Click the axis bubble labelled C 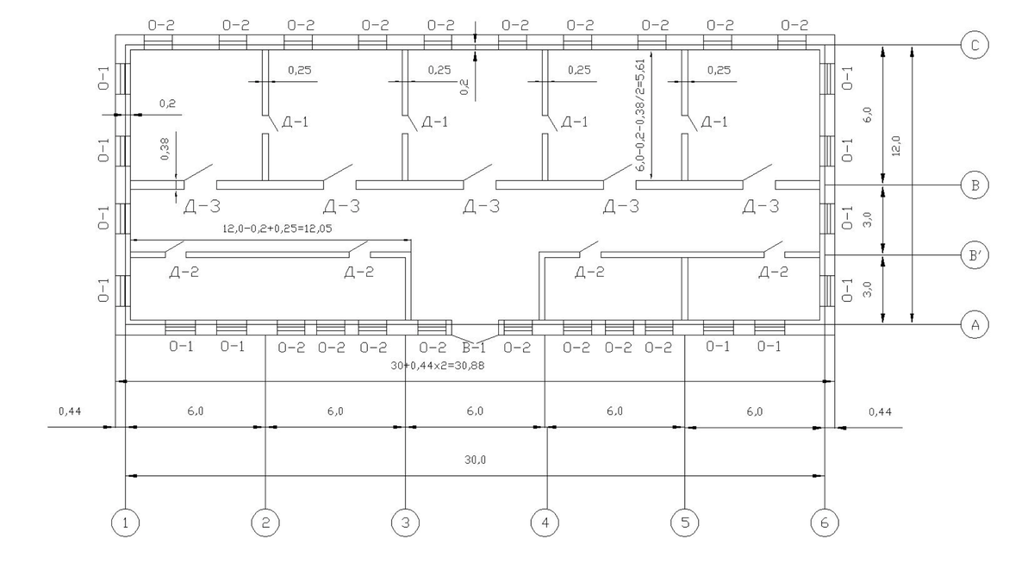[975, 45]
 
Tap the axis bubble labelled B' [975, 255]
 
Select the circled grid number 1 [126, 523]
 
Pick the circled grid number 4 [545, 523]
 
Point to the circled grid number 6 [825, 523]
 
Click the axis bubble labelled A [975, 325]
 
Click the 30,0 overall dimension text [475, 460]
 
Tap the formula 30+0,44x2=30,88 [438, 366]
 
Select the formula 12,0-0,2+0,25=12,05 [277, 229]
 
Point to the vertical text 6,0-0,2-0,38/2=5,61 [641, 116]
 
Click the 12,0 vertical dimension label [895, 146]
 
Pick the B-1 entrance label [474, 348]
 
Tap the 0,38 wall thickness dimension [165, 148]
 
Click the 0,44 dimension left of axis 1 [70, 411]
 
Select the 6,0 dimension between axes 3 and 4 [475, 411]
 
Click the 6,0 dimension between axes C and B [867, 115]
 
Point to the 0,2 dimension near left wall [167, 103]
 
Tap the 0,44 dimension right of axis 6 [880, 411]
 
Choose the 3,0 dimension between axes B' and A [867, 290]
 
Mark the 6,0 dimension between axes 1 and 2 [196, 411]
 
